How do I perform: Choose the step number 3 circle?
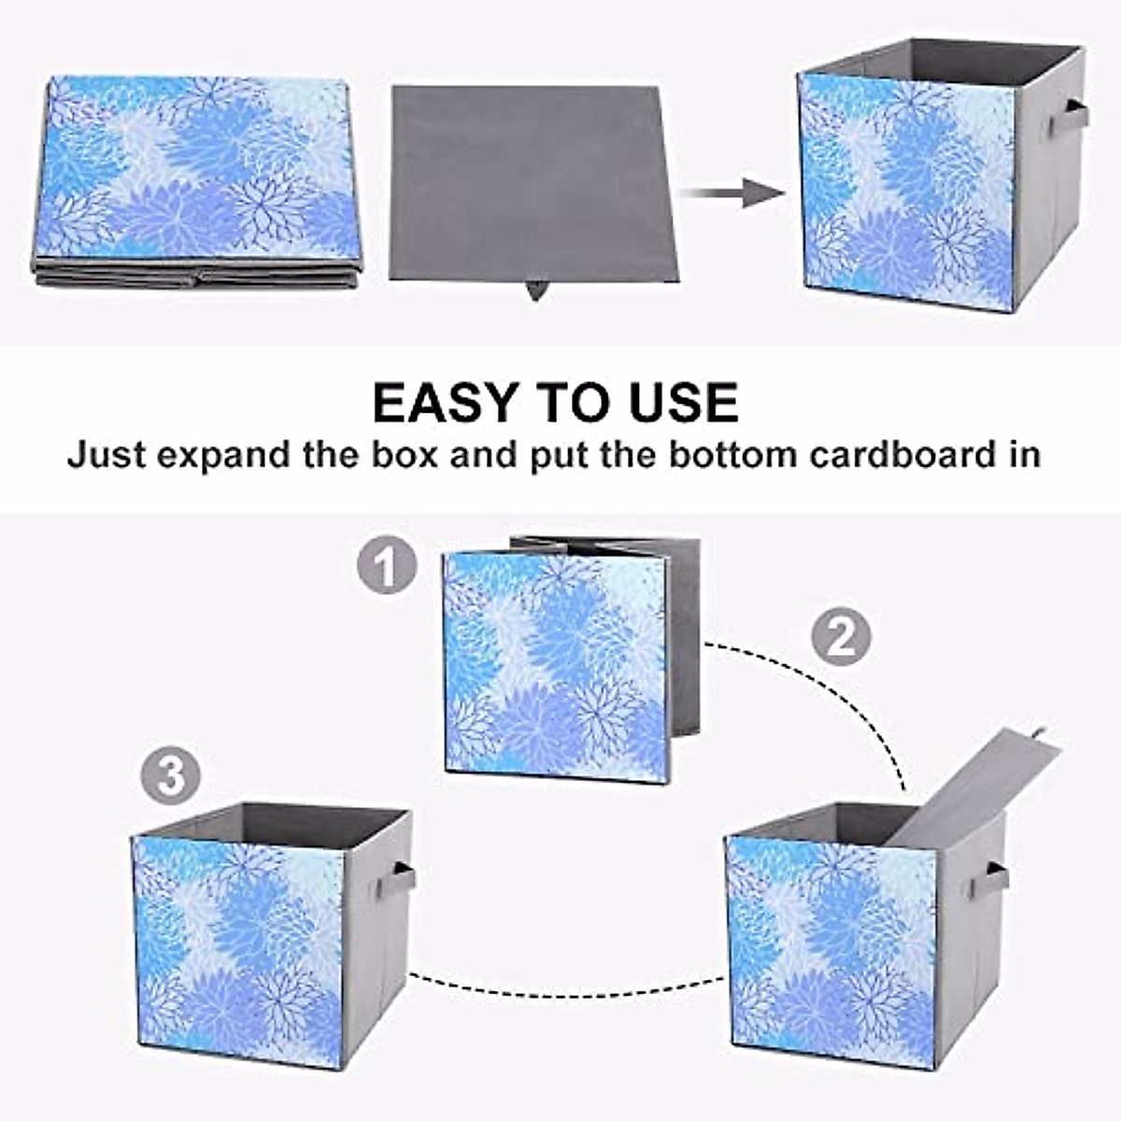(171, 776)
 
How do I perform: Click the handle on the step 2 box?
(992, 879)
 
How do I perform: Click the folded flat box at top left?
(196, 177)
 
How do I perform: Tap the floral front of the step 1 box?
(557, 666)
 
